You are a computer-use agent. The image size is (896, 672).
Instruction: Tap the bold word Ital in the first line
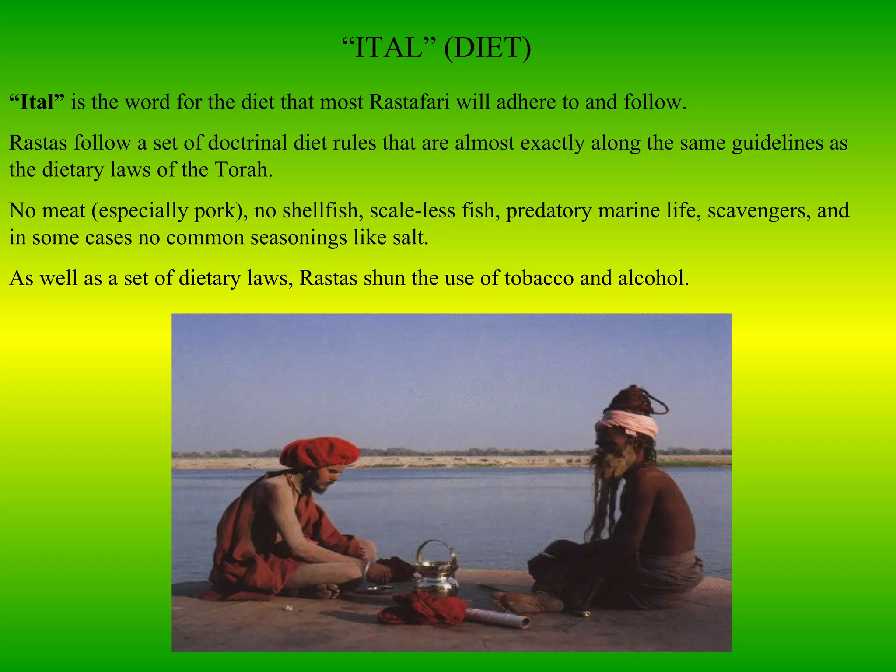tap(37, 102)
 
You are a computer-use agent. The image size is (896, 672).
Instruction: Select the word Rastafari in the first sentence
tap(409, 102)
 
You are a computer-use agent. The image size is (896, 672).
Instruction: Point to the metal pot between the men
tap(436, 577)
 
